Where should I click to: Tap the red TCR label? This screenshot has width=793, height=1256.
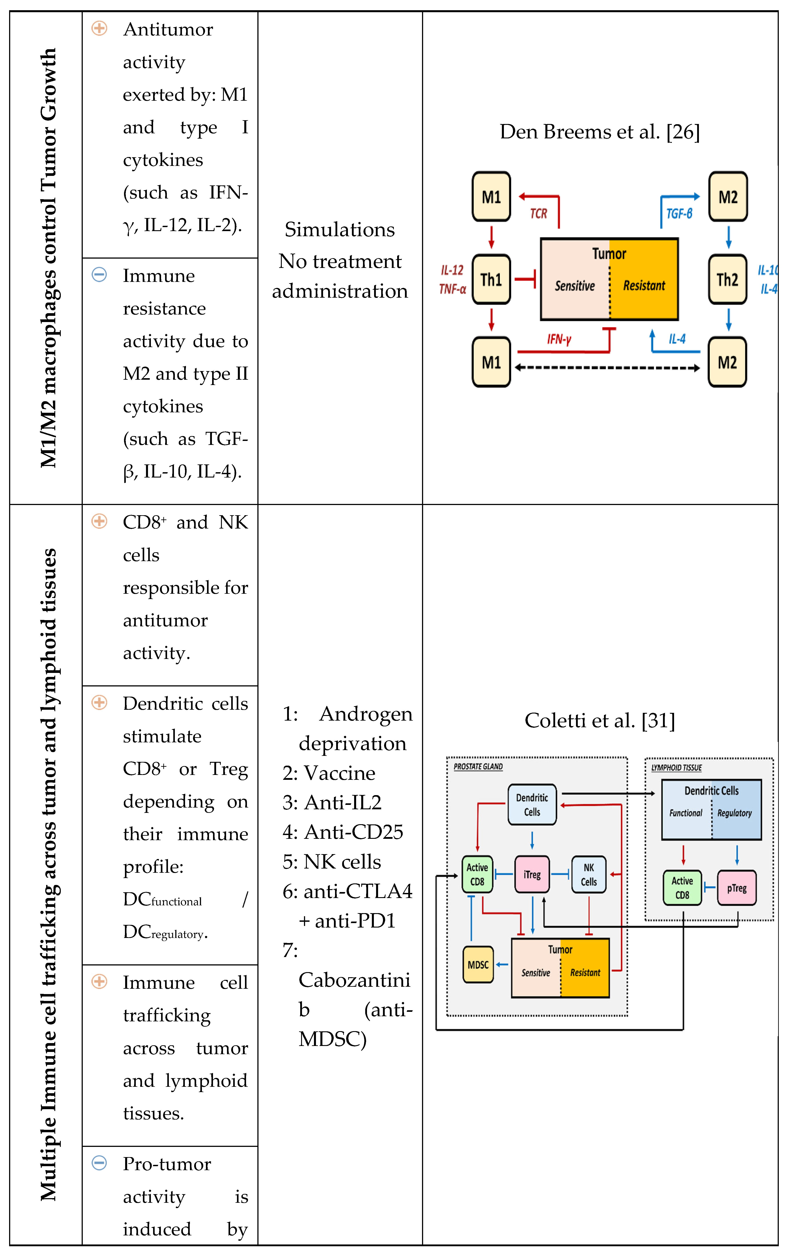pos(539,213)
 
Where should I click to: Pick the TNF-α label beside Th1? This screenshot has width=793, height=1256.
pos(452,289)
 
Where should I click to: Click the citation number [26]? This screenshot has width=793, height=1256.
pos(683,132)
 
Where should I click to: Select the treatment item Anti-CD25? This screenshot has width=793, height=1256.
pos(353,832)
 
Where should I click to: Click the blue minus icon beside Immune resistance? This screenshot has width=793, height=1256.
pos(99,274)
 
